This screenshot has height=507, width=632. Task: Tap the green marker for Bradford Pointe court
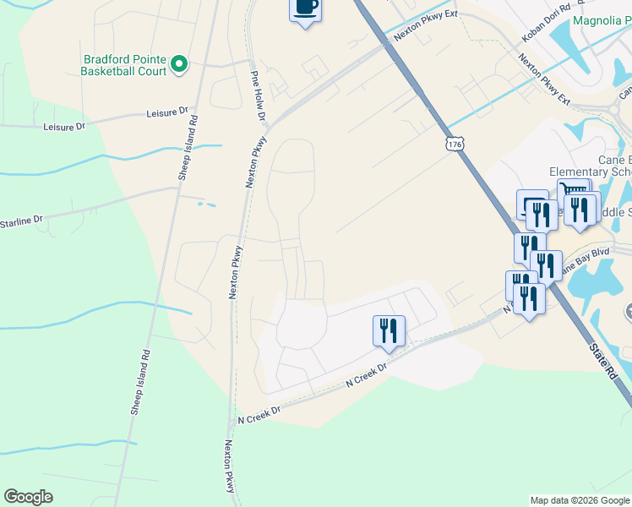click(178, 64)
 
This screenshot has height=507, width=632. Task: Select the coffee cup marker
click(305, 8)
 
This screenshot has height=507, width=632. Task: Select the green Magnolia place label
click(602, 20)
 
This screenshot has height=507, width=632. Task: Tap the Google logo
click(28, 496)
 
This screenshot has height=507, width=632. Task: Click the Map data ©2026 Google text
click(580, 500)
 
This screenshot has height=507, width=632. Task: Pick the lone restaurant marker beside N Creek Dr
click(389, 330)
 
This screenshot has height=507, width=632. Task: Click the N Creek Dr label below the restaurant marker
click(366, 376)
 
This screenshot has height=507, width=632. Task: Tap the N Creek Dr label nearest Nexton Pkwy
click(259, 415)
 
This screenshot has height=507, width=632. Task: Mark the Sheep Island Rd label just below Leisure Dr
click(188, 147)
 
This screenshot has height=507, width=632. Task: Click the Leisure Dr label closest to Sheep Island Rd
click(166, 112)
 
